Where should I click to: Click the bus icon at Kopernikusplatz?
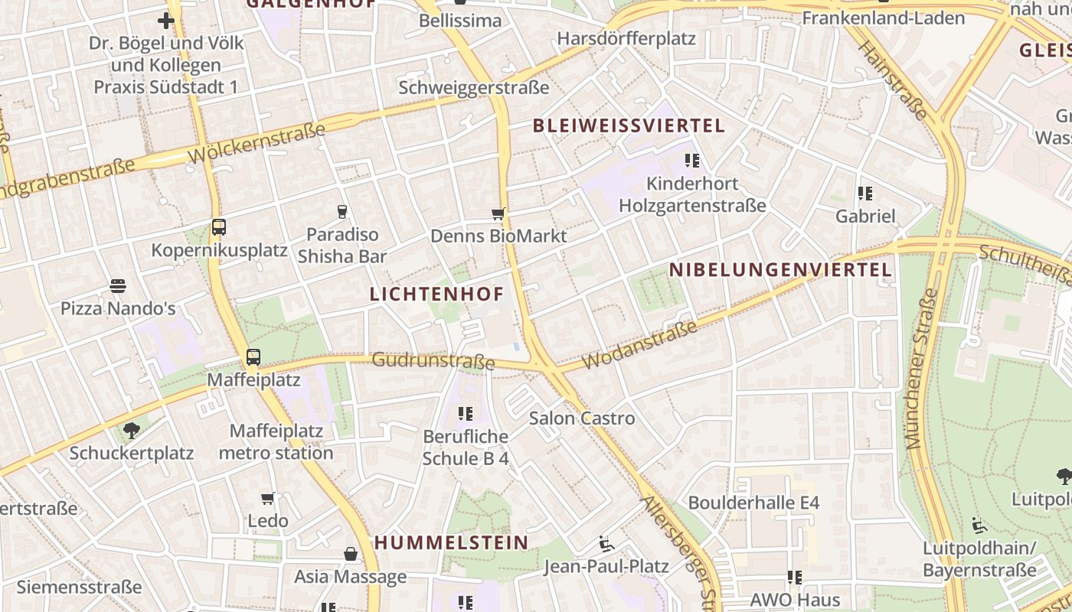click(x=219, y=226)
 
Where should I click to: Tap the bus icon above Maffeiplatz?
click(x=253, y=356)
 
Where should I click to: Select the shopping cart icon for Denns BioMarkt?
click(x=498, y=214)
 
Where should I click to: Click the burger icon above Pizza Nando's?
click(x=118, y=286)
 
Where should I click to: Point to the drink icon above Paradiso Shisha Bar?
click(x=342, y=211)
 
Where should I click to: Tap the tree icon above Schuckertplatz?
click(x=132, y=430)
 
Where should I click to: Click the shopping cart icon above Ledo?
click(x=267, y=499)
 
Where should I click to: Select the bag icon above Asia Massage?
click(x=351, y=554)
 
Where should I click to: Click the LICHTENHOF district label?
click(x=437, y=294)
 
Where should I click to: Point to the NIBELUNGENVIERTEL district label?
click(x=780, y=269)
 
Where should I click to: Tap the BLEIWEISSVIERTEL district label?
click(x=628, y=125)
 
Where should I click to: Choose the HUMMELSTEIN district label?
click(x=451, y=542)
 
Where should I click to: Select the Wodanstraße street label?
click(x=639, y=345)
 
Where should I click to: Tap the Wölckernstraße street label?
click(x=257, y=142)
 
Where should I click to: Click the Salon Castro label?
click(x=582, y=418)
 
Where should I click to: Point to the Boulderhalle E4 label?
click(x=753, y=503)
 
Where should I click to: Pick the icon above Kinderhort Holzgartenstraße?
click(x=692, y=161)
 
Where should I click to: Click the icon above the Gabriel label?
click(x=865, y=194)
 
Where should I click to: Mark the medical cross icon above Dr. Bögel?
click(x=166, y=20)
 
